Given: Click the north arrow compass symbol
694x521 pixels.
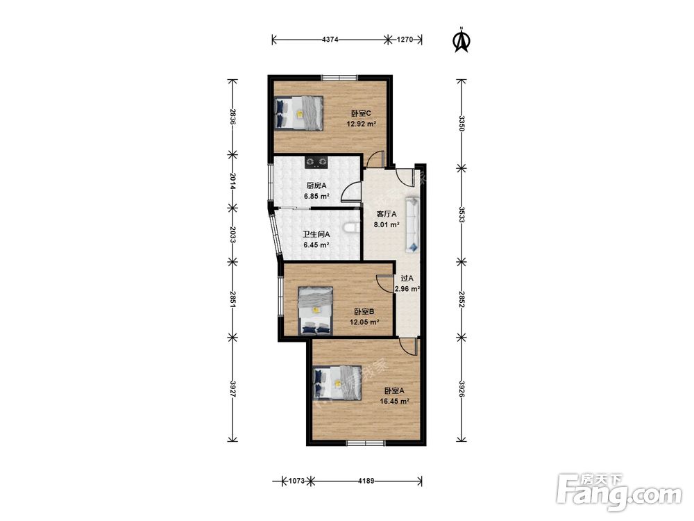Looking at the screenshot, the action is [462, 40].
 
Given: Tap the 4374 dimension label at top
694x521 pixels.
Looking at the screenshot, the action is [330, 40].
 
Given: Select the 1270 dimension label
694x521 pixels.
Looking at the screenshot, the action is [405, 40].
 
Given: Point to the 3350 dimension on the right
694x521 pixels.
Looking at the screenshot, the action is [462, 124].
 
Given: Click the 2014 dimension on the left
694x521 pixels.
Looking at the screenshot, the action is [232, 181].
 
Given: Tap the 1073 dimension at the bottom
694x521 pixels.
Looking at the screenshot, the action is [296, 481].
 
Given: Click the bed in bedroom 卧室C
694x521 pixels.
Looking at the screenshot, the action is [298, 113].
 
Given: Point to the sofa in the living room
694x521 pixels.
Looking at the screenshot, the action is [412, 224].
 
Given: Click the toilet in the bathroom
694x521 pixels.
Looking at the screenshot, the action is [352, 228].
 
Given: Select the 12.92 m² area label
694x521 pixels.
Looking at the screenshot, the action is [361, 124].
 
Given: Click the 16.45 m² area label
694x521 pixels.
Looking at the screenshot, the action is [394, 402].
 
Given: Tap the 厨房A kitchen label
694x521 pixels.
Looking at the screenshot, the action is [316, 186].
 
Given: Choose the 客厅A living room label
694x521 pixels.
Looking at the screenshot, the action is [387, 214].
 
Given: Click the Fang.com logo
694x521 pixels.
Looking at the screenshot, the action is [619, 492].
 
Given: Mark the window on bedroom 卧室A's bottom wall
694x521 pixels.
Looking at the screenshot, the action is [366, 443].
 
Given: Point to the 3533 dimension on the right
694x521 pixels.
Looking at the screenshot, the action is [462, 215].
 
